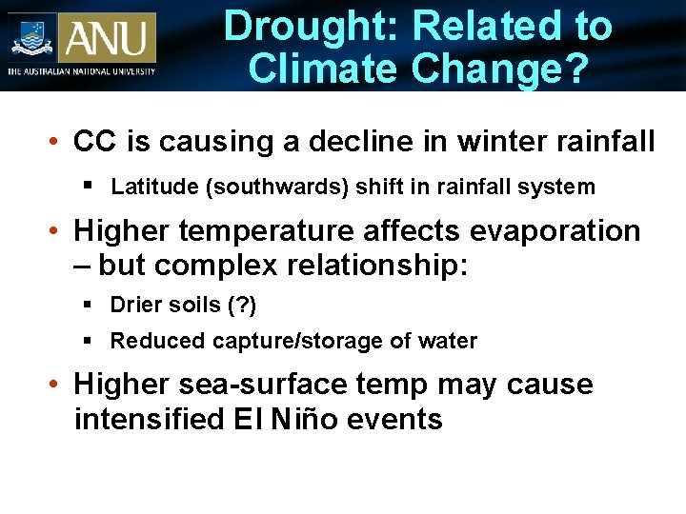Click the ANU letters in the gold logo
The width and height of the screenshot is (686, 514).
106,38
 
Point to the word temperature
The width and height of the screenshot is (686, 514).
266,231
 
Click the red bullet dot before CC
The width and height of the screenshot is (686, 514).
56,143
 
